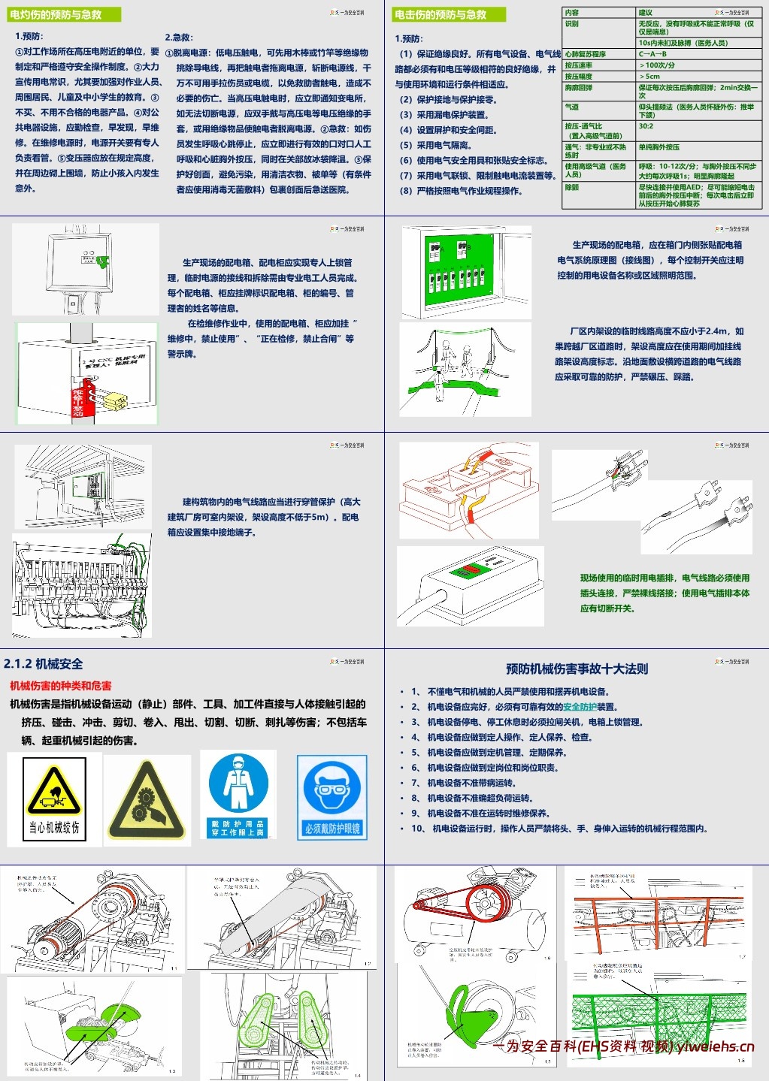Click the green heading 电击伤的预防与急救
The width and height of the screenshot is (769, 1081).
pos(440,14)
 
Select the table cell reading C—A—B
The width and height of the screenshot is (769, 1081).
pos(652,54)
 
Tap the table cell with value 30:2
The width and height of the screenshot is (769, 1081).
pos(646,127)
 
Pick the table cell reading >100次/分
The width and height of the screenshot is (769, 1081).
pos(657,65)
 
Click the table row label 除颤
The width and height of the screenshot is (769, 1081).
pos(572,188)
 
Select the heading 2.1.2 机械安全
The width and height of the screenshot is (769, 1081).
pos(44,664)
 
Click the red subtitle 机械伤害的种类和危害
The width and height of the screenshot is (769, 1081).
pos(61,685)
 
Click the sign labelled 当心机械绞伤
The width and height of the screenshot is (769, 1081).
pos(53,799)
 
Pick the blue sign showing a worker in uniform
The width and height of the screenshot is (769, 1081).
pos(238,795)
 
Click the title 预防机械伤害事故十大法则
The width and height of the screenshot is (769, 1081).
pos(577,669)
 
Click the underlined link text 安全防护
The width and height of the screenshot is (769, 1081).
pos(580,707)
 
